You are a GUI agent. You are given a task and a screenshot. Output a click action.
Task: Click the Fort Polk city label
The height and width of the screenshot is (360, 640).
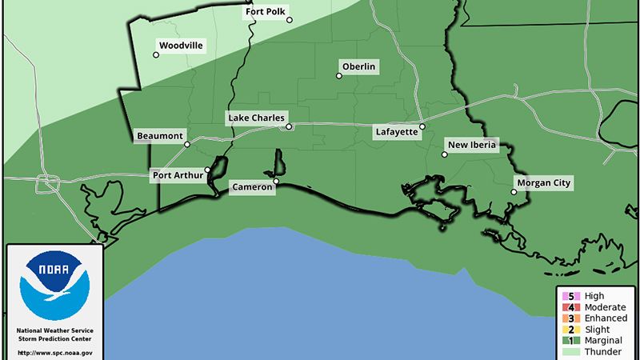(x=264, y=13)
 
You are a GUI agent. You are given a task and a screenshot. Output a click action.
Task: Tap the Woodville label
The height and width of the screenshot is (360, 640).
(x=182, y=46)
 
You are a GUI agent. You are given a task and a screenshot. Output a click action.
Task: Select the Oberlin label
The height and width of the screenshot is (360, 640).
(x=358, y=66)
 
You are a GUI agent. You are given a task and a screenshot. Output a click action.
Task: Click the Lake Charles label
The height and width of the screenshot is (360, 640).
(x=256, y=118)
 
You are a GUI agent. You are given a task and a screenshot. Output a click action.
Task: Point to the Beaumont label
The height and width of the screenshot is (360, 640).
(x=159, y=135)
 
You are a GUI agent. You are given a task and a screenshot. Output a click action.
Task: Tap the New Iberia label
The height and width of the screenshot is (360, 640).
(x=473, y=145)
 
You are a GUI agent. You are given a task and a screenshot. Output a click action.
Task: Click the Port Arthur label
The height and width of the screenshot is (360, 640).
(x=178, y=176)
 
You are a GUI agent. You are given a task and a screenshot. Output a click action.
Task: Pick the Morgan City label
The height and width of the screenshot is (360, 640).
(x=544, y=183)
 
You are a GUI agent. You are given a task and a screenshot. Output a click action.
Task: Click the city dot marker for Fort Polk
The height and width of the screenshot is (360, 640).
(x=290, y=21)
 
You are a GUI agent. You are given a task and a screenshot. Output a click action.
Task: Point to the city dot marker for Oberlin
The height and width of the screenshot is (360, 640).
(x=339, y=76)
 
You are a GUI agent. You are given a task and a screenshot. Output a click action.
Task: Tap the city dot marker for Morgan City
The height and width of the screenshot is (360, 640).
(x=514, y=192)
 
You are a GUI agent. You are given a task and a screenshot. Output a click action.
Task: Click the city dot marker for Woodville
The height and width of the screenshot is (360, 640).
(x=156, y=55)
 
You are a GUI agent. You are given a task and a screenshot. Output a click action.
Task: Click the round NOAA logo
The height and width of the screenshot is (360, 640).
(x=54, y=286)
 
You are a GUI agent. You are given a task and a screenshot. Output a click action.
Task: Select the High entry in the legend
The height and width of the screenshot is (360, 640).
(x=593, y=295)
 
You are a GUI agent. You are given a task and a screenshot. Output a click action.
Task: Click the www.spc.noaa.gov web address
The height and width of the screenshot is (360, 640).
(x=54, y=352)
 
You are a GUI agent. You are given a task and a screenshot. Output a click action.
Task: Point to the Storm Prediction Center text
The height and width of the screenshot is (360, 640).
(x=54, y=339)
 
